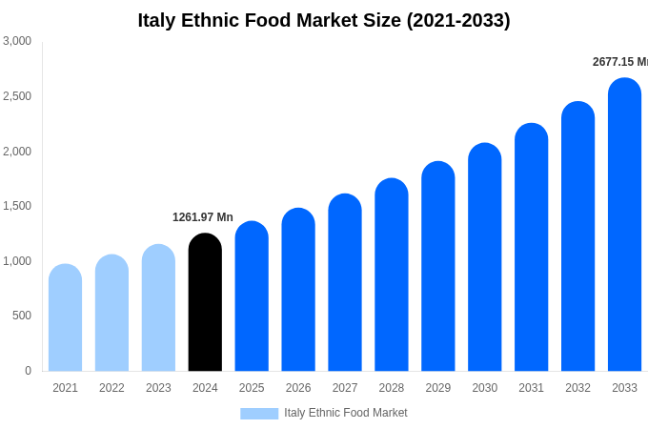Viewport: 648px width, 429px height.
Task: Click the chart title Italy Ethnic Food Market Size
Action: coord(324,20)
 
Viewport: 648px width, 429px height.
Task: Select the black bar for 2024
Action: coord(205,303)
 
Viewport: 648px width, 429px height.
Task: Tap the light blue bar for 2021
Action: coord(65,318)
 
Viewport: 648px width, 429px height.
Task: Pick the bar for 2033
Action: coord(624,225)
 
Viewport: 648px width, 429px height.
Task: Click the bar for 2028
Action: coord(392,276)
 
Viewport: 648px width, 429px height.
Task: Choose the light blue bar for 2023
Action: coord(158,308)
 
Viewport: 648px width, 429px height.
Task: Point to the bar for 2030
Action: coord(484,257)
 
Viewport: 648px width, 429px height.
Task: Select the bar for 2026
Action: coord(298,290)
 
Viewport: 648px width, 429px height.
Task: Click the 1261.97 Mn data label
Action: coord(203,217)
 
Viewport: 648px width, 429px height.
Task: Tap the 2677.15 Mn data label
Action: coord(619,62)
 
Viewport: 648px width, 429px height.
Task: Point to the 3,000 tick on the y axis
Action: coord(17,41)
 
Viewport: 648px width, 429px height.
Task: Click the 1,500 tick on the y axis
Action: coord(17,206)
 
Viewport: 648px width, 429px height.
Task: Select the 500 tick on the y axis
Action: coord(22,316)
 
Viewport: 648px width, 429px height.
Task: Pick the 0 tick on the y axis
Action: coord(28,371)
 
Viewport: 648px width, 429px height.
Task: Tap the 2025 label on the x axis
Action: coord(252,388)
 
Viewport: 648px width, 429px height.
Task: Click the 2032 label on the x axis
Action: coord(577,388)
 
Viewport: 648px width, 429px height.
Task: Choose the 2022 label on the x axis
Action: coord(111,388)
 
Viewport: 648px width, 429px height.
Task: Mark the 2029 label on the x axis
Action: coord(438,388)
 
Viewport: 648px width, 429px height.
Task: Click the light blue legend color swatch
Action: coord(259,414)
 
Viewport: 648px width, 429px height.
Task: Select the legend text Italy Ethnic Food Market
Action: coord(346,413)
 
